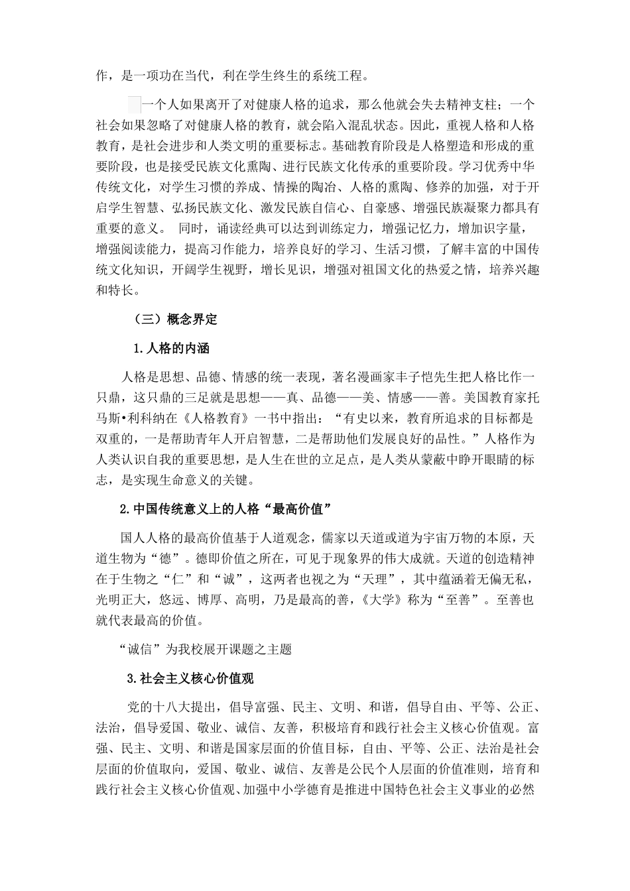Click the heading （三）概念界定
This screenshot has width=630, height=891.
coord(175,319)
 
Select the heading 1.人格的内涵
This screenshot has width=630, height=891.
coord(171,348)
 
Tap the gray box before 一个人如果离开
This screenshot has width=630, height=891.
coord(133,104)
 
